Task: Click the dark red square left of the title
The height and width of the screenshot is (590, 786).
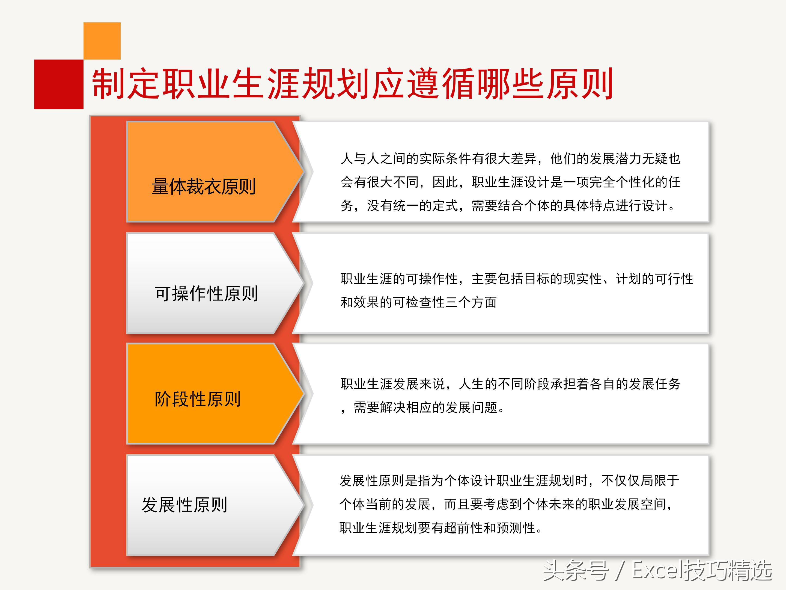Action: (59, 84)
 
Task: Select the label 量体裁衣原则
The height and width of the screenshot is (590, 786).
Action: (204, 186)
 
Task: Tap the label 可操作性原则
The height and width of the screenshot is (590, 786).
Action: (206, 293)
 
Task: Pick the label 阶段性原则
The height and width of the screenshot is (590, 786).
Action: (198, 399)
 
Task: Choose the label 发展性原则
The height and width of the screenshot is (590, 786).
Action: (184, 504)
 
